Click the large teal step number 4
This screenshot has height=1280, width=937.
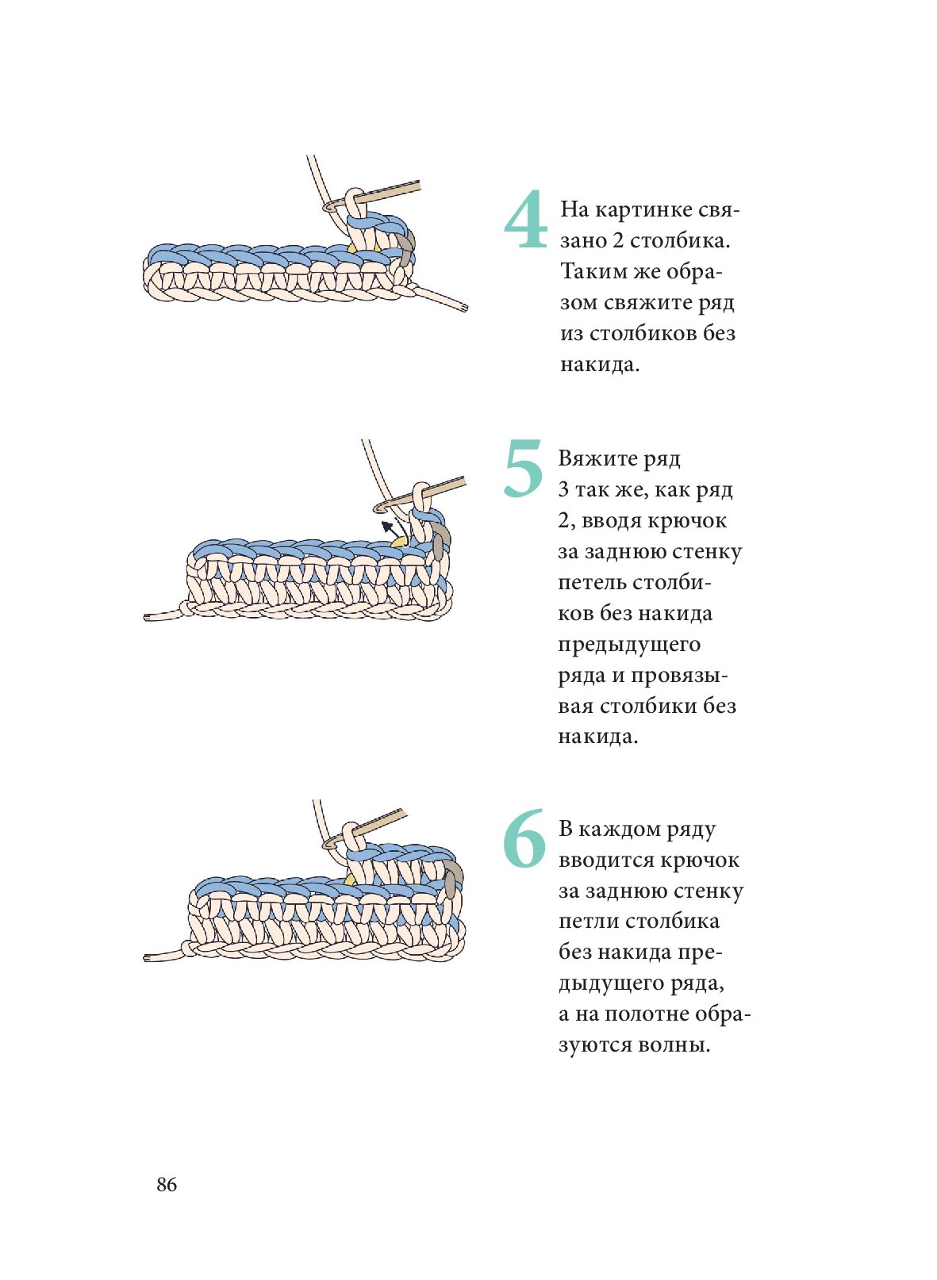[x=524, y=220]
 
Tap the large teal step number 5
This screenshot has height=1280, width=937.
[x=523, y=469]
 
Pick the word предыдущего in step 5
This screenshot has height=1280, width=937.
[x=629, y=645]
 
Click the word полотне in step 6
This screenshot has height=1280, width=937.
[x=646, y=1014]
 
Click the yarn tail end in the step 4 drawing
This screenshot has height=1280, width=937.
[x=464, y=309]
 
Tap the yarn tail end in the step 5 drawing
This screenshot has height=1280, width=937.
[x=148, y=617]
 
